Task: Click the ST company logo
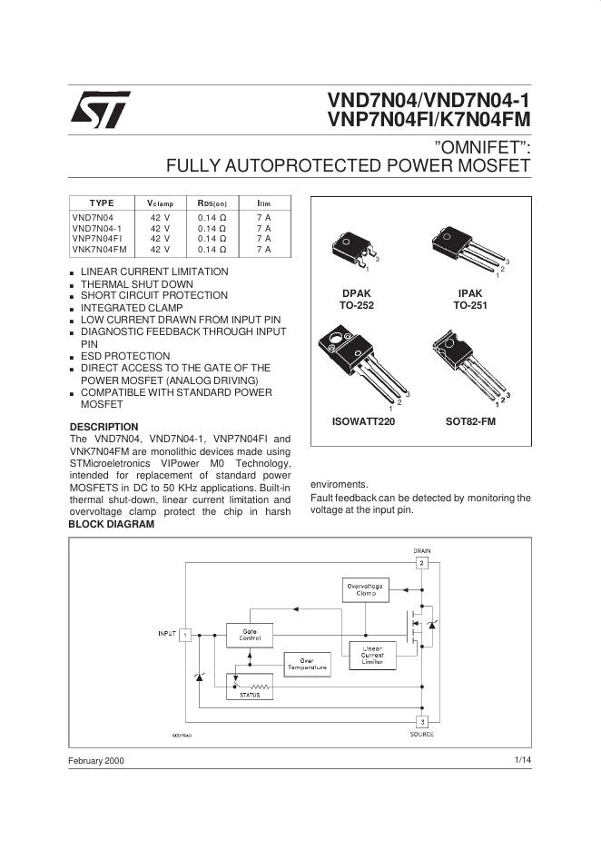pos(100,110)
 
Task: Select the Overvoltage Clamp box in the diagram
pos(365,589)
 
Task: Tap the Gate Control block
pos(249,635)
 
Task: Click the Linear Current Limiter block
pos(371,655)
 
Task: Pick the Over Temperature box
pos(307,664)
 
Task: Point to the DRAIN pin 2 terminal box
pos(421,563)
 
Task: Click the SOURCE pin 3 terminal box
pos(421,721)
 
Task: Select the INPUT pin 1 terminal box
pos(185,634)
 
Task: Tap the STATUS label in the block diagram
pos(249,695)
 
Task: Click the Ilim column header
pos(263,203)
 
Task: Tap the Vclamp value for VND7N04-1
pos(160,228)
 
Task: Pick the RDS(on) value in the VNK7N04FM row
pos(212,249)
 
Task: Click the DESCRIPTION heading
pos(104,427)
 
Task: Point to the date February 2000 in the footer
pos(97,760)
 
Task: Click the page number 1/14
pos(522,759)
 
